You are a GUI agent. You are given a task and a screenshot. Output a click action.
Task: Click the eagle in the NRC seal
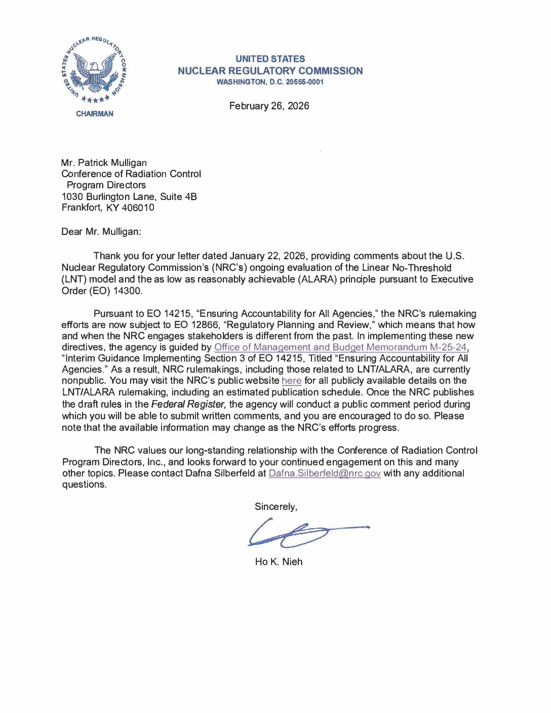tap(95, 71)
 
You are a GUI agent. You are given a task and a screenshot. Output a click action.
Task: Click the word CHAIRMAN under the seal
tap(95, 114)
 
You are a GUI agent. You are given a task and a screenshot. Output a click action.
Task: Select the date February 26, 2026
tap(269, 106)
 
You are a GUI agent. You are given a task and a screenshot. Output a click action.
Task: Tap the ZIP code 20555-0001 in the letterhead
tap(304, 82)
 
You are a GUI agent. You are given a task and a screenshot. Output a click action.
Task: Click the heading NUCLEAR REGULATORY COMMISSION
tap(270, 71)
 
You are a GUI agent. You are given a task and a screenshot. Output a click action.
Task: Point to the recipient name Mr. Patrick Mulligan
tap(104, 163)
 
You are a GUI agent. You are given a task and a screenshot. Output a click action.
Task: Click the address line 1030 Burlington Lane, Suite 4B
tap(129, 196)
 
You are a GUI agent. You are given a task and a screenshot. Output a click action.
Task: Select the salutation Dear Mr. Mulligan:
tap(101, 231)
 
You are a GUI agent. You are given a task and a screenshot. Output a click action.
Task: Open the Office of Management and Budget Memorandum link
tap(340, 347)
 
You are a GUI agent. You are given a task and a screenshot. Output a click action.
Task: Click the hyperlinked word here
tap(291, 381)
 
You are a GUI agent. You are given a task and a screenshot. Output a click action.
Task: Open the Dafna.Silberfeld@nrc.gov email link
tap(325, 473)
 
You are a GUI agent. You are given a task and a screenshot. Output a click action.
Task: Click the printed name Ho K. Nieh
tap(279, 562)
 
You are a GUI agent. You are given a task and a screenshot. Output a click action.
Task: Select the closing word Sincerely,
tap(276, 506)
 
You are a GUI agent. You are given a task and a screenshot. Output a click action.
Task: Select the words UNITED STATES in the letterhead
tap(270, 59)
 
